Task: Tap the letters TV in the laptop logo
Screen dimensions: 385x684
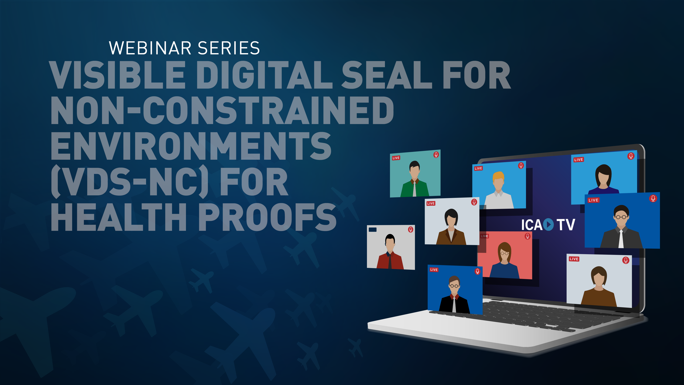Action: point(566,225)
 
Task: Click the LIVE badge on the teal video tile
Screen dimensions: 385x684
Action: point(396,158)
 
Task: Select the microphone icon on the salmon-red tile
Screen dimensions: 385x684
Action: point(527,236)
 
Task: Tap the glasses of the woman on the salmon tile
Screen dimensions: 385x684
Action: point(504,253)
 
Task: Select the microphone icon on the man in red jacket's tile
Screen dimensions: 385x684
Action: point(411,229)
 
